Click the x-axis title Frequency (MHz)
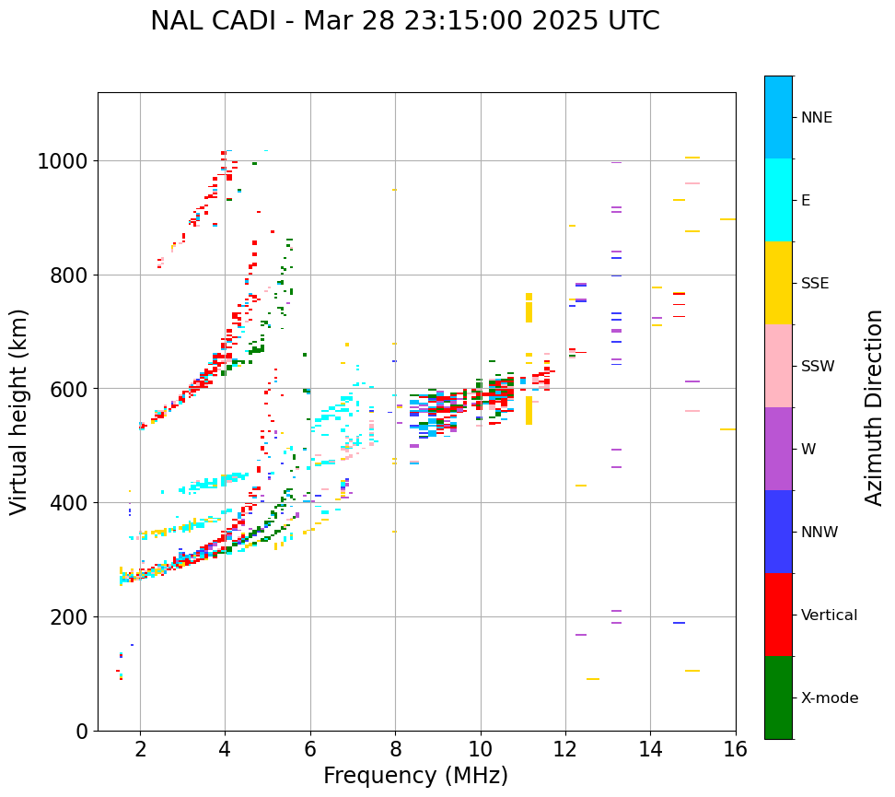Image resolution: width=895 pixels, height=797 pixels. point(415,776)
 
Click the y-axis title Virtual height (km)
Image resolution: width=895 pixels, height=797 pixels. point(19,411)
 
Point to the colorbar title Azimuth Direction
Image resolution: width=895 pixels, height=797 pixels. point(874,407)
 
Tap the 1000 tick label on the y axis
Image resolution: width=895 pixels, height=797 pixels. point(62,162)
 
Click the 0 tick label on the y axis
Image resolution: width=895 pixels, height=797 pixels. point(82,732)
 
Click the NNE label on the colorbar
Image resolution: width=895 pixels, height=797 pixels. point(816,117)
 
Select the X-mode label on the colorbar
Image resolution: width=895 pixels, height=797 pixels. point(829,697)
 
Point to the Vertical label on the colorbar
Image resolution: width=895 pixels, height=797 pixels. point(829,615)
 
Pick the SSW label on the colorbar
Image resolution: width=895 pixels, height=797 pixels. point(818,366)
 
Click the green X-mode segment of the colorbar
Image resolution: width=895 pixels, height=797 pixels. point(778,697)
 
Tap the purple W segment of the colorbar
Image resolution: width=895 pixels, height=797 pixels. point(778,449)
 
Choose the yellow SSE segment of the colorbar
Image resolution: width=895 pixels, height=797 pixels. point(778,283)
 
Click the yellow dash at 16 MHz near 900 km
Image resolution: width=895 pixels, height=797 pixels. point(727,219)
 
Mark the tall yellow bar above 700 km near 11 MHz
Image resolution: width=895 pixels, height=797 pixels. point(529,308)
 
